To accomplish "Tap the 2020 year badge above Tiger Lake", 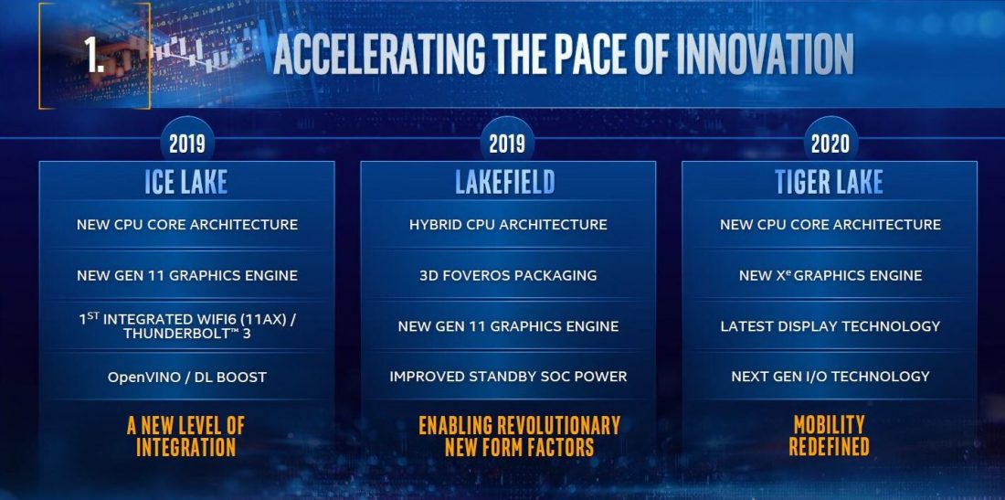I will pos(830,144).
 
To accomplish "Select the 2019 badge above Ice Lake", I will pos(186,144).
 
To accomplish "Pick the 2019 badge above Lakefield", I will pos(506,144).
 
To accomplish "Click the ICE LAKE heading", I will pos(186,182).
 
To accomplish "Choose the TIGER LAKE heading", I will pos(830,182).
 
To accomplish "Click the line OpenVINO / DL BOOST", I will pos(187,377).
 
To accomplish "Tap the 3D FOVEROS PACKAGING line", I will pos(508,275).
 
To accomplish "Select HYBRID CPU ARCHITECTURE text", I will pos(508,225).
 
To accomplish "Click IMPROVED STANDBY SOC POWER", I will pos(508,377).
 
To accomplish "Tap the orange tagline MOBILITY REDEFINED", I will pos(830,436).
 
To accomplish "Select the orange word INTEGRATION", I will pos(186,447).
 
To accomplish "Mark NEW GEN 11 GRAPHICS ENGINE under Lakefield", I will pos(508,326).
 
